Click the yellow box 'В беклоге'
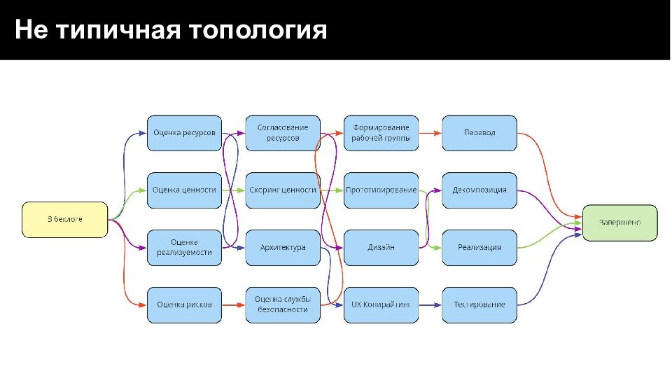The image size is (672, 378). tap(65, 220)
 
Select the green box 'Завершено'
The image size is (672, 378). tap(619, 223)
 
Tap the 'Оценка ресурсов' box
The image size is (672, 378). tap(184, 133)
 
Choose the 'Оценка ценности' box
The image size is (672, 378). tap(184, 190)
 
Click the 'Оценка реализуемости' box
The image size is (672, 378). tap(184, 247)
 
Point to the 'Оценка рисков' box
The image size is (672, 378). tap(184, 304)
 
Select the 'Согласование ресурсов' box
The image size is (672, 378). tap(283, 133)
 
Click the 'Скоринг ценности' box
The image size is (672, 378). tap(283, 190)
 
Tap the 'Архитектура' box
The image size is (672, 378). tap(283, 247)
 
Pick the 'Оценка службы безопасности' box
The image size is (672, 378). tap(283, 304)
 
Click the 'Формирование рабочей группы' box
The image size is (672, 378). tap(381, 133)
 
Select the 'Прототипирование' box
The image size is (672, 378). tap(381, 190)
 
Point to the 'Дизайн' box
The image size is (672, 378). tap(381, 247)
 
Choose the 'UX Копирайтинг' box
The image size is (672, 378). tap(381, 304)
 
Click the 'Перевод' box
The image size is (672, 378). tap(479, 133)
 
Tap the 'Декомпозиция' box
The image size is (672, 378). tap(479, 190)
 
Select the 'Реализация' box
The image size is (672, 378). tap(479, 247)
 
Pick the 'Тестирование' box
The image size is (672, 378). tap(479, 304)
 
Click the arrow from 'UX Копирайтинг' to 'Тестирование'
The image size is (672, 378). tap(430, 304)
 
